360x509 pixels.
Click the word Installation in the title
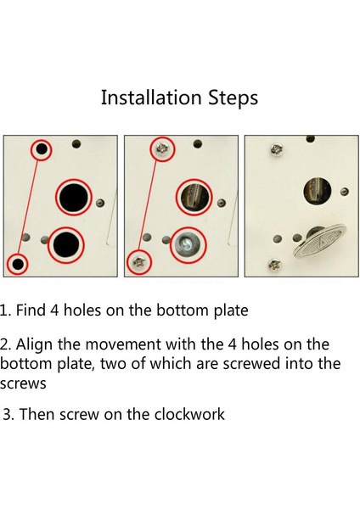(x=151, y=98)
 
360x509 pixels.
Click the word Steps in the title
(x=233, y=98)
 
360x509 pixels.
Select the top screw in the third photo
(x=277, y=149)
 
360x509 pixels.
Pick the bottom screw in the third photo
(x=275, y=266)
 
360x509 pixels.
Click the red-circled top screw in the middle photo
(x=162, y=149)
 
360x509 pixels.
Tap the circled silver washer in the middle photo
(x=188, y=245)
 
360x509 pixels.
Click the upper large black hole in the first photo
(x=73, y=197)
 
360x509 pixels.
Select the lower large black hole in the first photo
(x=66, y=244)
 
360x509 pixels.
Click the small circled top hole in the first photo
(x=42, y=149)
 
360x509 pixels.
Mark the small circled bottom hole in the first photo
(x=18, y=264)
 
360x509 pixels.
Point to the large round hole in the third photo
(x=318, y=191)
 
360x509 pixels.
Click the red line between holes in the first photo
(x=29, y=207)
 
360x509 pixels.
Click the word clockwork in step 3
(x=189, y=414)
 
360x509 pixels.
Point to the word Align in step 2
(x=34, y=345)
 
